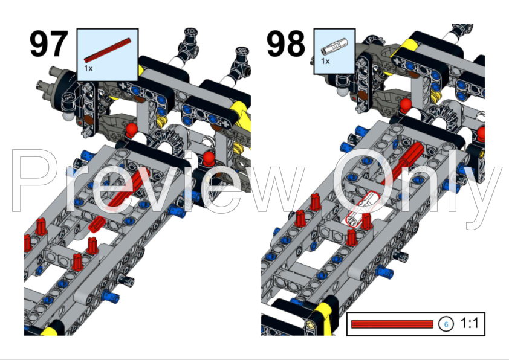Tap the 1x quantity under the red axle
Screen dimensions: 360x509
tap(88, 69)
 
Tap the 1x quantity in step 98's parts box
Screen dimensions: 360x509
tap(325, 62)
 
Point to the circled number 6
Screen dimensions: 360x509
tap(446, 324)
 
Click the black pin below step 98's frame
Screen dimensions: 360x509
tap(399, 257)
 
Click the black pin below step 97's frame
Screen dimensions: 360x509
tap(128, 279)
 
